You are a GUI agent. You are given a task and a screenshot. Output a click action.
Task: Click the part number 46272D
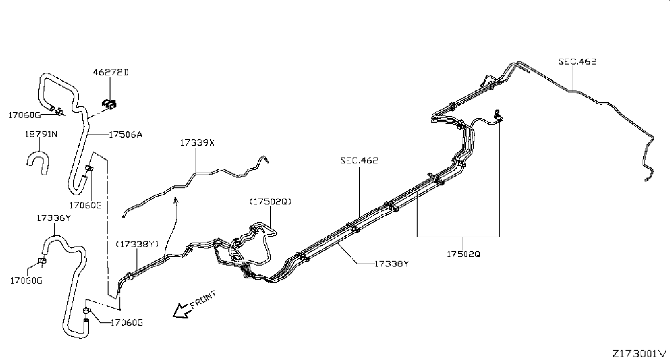[x=111, y=72]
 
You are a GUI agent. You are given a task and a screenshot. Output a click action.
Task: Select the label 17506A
[x=125, y=135]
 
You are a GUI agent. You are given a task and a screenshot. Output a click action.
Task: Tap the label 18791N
[x=41, y=134]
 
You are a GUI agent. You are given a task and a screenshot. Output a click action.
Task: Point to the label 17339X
[x=197, y=143]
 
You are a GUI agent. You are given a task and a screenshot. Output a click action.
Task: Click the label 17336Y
[x=54, y=218]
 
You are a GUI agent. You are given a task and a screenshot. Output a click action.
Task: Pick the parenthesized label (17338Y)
[x=137, y=244]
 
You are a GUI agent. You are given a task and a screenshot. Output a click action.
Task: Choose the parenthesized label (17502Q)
[x=270, y=202]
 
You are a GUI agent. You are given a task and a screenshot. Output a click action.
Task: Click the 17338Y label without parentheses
[x=392, y=264]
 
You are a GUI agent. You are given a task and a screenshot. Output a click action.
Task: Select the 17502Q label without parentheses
[x=463, y=254]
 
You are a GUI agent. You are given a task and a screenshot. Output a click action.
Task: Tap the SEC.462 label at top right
[x=578, y=62]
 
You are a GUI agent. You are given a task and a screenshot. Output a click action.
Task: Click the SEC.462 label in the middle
[x=359, y=161]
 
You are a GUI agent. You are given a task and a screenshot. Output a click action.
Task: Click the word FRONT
[x=203, y=299]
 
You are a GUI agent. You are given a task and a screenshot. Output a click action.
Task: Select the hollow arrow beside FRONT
[x=182, y=311]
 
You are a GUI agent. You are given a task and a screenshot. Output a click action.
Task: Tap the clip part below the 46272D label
[x=109, y=104]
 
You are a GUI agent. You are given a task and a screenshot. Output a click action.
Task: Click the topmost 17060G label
[x=24, y=115]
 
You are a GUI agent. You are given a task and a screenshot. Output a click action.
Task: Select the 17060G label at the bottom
[x=127, y=323]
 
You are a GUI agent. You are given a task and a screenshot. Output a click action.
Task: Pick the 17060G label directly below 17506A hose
[x=86, y=205]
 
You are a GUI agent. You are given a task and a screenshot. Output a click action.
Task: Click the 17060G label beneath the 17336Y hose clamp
[x=26, y=281]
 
